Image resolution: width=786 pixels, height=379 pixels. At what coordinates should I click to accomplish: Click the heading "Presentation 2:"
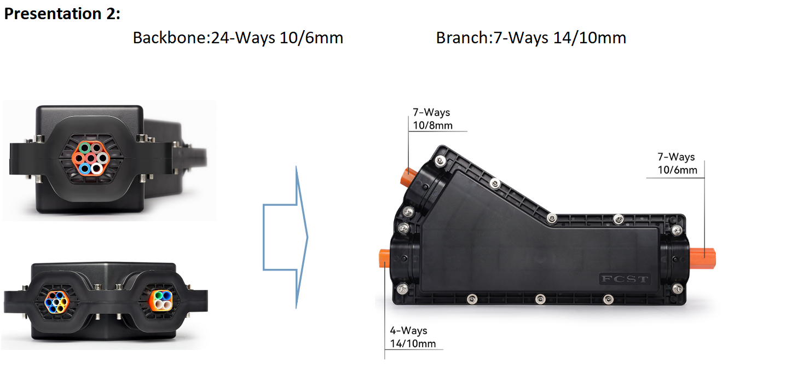pyautogui.click(x=62, y=14)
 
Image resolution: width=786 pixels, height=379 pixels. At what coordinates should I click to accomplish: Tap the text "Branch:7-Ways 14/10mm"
pyautogui.click(x=531, y=38)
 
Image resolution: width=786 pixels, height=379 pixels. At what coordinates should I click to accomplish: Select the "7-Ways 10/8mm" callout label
pyautogui.click(x=432, y=119)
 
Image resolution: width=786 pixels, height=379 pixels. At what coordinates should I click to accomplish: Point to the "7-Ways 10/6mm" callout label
pyautogui.click(x=677, y=163)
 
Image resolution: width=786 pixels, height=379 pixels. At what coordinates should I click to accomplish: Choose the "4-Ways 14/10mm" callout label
pyautogui.click(x=413, y=337)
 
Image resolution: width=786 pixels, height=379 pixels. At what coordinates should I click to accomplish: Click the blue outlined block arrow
pyautogui.click(x=285, y=237)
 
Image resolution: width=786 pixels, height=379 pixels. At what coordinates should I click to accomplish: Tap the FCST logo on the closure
pyautogui.click(x=625, y=279)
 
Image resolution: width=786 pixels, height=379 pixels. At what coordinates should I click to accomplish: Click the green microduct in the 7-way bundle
pyautogui.click(x=84, y=147)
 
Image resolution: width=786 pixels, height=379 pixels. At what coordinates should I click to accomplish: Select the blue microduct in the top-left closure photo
pyautogui.click(x=84, y=169)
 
